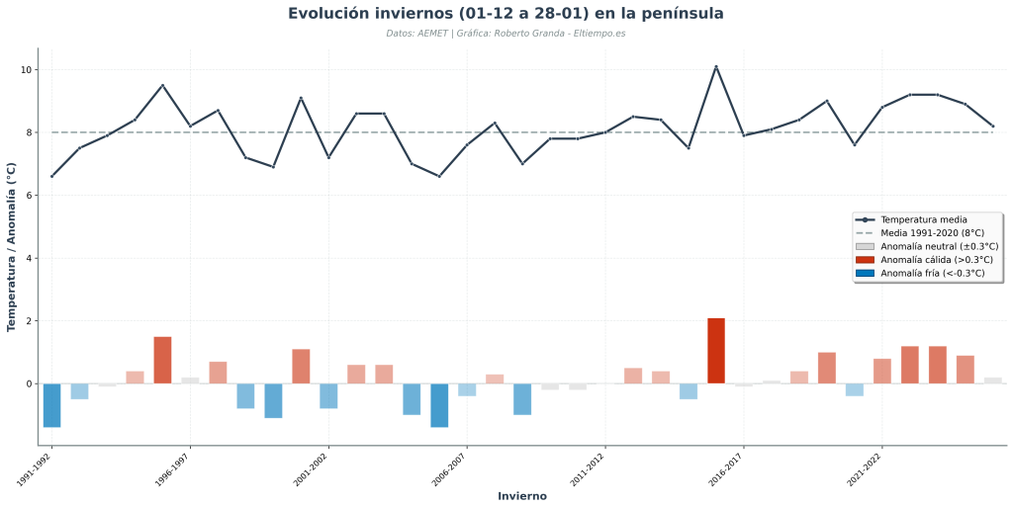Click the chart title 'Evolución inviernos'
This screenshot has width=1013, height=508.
coord(506,14)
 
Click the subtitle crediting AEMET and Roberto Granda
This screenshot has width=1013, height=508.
coord(506,34)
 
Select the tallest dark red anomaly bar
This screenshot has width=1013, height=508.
coord(716,351)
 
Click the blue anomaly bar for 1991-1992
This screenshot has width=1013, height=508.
coord(51,405)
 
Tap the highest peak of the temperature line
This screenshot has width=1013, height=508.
coord(716,67)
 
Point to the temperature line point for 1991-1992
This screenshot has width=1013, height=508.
coord(51,176)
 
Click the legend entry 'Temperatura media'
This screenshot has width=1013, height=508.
coord(923,219)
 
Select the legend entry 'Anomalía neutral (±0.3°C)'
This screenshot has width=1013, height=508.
coord(939,246)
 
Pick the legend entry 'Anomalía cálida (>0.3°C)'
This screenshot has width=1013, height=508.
coord(936,260)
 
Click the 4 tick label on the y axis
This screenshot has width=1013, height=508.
coord(30,258)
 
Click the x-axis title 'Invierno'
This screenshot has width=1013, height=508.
coord(521,496)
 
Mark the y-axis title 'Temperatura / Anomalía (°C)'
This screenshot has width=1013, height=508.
coord(12,247)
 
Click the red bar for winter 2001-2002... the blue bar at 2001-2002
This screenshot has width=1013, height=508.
coord(328,395)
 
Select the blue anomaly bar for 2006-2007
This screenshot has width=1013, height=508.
coord(467,389)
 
